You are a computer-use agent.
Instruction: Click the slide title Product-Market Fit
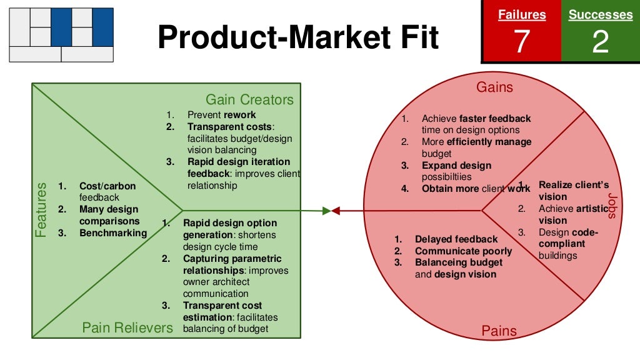point(298,37)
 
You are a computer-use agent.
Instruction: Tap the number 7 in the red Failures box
point(521,42)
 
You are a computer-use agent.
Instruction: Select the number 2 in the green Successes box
point(600,42)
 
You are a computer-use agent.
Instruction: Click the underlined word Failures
point(521,15)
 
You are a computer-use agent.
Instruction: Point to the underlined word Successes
point(600,15)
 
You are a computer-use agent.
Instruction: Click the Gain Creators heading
point(249,100)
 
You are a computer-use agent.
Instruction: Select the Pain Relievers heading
point(127,327)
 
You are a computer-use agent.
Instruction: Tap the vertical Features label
point(41,209)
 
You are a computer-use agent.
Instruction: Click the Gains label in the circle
point(494,87)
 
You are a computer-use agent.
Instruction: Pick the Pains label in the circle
point(499,331)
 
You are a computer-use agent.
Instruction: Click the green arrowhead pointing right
point(326,211)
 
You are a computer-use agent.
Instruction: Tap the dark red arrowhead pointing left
point(336,211)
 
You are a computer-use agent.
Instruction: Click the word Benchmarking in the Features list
point(113,233)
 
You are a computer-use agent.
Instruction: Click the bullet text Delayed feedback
point(456,239)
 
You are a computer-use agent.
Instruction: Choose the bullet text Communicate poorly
point(463,251)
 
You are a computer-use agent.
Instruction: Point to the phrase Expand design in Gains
point(456,166)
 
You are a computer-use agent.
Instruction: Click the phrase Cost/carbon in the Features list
point(107,186)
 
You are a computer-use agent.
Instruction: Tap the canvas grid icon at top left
point(61,35)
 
